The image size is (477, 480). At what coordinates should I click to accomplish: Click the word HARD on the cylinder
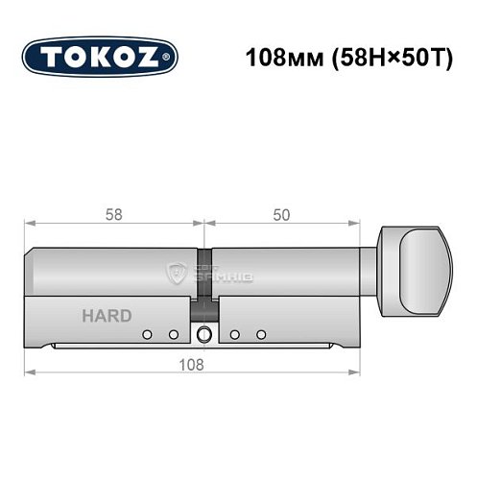(x=101, y=316)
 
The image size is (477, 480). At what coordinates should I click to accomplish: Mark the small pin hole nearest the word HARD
(x=147, y=335)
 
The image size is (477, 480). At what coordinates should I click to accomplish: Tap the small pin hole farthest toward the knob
(x=261, y=335)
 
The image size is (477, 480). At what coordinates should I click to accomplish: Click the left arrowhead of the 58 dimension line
(x=29, y=224)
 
